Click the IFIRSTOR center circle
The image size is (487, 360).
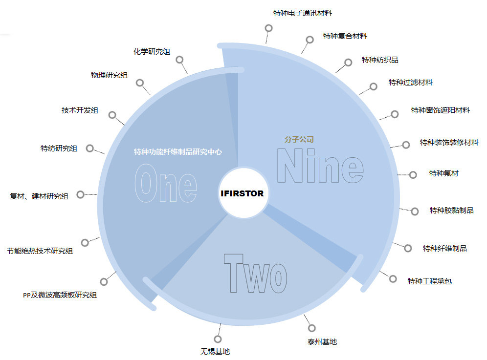click(x=242, y=193)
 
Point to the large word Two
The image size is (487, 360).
click(x=255, y=274)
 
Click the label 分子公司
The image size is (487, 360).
click(x=299, y=139)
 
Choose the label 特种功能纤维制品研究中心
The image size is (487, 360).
click(x=178, y=152)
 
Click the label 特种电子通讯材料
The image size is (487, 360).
click(x=302, y=13)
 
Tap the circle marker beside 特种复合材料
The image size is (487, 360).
click(x=310, y=39)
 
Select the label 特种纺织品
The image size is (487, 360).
click(x=380, y=60)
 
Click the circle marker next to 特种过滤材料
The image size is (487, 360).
click(x=374, y=86)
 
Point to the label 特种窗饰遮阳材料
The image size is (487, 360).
click(x=440, y=110)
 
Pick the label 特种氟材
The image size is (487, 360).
click(x=443, y=173)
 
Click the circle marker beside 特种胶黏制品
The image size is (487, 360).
click(x=415, y=211)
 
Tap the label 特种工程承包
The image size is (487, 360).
click(x=429, y=281)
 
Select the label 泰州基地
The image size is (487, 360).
click(x=322, y=342)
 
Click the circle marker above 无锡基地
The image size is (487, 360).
click(x=218, y=339)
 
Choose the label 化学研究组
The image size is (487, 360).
click(x=152, y=51)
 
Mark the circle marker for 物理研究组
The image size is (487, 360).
click(x=140, y=83)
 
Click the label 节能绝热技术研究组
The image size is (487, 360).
click(x=40, y=251)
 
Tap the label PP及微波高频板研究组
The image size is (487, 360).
click(x=60, y=295)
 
